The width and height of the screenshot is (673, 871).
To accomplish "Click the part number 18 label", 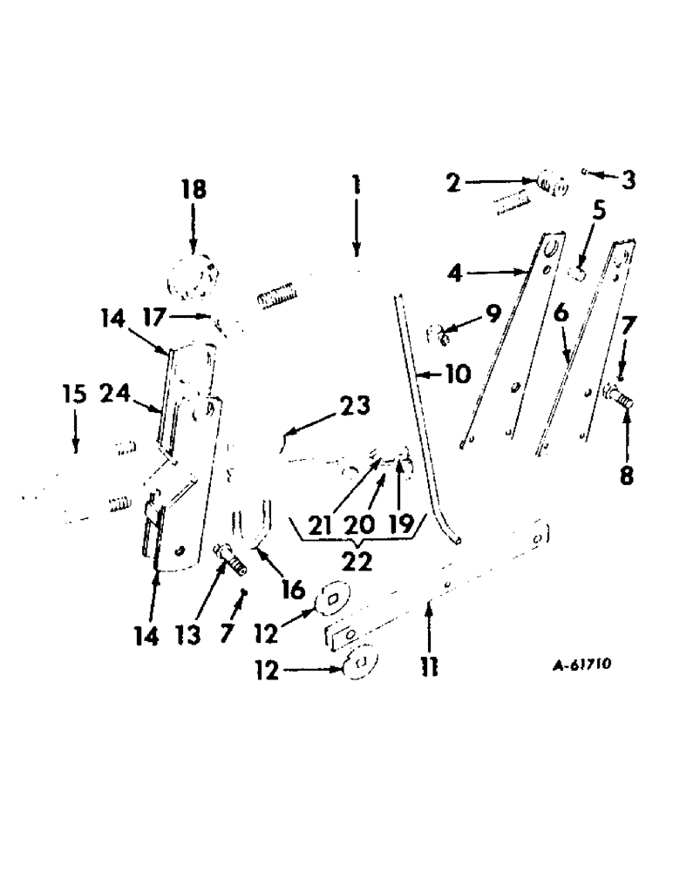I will pos(194,189).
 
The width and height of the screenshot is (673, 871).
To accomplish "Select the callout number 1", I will pos(356,186).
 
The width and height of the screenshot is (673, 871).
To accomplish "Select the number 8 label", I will pos(626,476).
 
